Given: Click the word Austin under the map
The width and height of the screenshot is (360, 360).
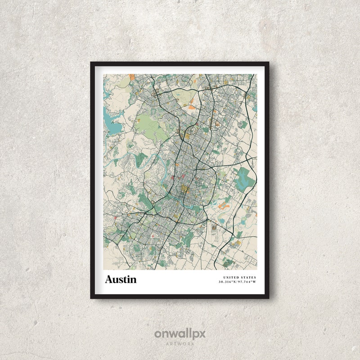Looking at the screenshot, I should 121,279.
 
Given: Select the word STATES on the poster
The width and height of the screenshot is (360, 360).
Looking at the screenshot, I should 248,277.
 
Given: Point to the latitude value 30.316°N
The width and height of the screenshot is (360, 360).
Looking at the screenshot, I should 228,282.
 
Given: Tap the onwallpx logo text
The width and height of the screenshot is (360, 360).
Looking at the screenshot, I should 180,334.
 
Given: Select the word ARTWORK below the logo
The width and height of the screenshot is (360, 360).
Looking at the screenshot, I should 180,344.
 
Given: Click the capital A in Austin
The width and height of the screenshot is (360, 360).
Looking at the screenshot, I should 109,279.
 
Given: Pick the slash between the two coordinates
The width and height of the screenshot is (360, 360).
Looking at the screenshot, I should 238,282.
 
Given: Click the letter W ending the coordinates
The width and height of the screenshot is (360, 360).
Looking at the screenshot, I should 255,282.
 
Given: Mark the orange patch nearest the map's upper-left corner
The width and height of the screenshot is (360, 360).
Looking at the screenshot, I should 131,77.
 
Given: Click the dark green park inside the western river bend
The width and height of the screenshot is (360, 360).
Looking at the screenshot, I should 142,159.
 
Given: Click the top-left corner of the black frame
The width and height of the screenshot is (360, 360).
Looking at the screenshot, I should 91,63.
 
